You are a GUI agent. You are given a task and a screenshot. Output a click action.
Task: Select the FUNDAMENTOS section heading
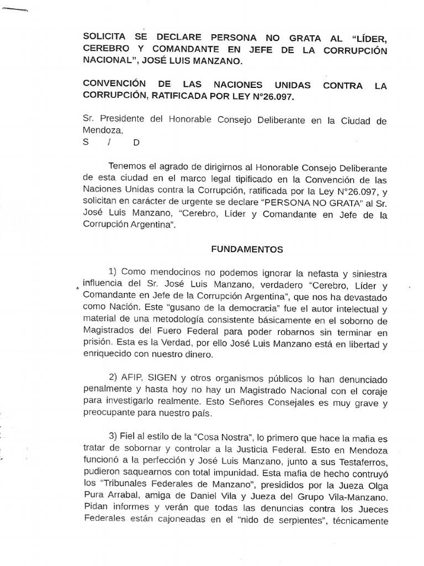click(247, 249)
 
